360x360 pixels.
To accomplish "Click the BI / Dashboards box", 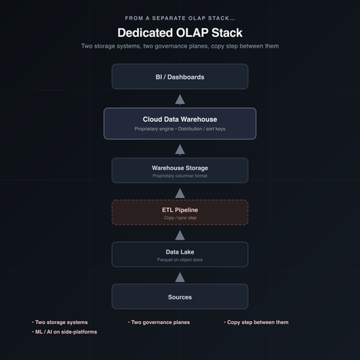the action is [180, 77].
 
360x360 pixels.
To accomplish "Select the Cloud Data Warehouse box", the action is [180, 123].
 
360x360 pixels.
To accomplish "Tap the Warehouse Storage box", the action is [180, 170].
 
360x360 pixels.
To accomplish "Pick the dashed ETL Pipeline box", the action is [180, 212].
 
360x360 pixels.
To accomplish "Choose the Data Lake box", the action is [180, 254].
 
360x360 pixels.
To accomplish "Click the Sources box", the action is [180, 296].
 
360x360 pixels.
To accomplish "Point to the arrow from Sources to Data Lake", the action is [180, 277].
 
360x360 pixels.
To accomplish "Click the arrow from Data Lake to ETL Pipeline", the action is [180, 235].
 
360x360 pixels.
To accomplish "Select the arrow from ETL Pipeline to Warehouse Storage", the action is [180, 193].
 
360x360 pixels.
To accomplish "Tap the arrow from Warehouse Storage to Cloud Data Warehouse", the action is [180, 150].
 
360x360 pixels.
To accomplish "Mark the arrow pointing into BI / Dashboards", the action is [180, 100].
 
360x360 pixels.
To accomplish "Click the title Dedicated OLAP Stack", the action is [180, 33].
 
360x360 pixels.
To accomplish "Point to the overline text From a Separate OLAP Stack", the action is [180, 18].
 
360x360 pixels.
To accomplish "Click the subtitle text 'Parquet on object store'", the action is [180, 260].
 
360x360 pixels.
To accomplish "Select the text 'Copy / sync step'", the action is [180, 218].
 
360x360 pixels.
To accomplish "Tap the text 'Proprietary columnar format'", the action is [180, 175].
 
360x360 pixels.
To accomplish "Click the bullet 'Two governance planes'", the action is [159, 322].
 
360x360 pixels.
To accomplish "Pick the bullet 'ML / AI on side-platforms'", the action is [64, 332].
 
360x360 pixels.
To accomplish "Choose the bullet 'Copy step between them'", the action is [256, 322].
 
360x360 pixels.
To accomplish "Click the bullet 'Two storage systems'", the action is [60, 322].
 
